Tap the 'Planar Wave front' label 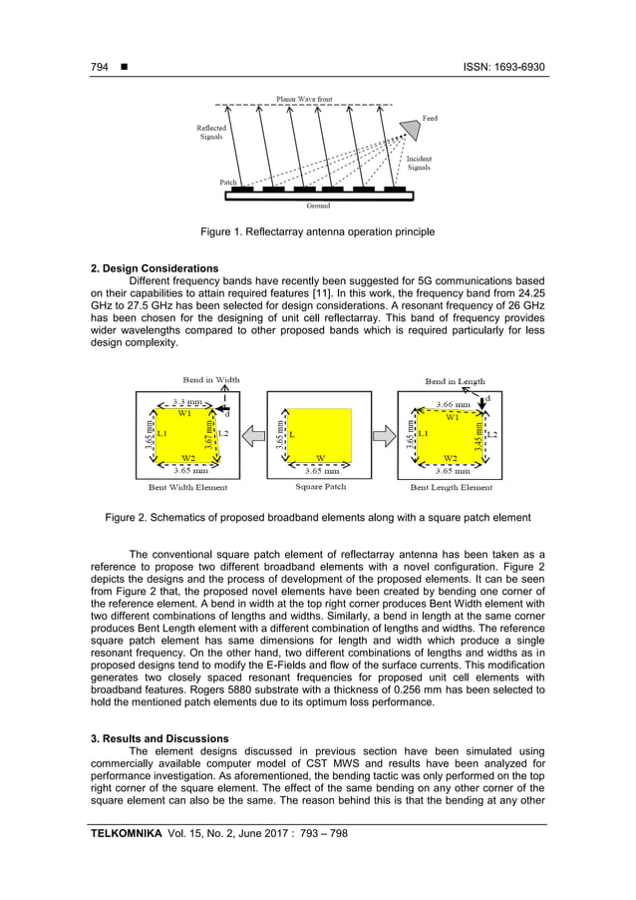[305, 99]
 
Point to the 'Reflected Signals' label [210, 132]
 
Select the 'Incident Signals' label [419, 164]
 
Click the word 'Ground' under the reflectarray [320, 206]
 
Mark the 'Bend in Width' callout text [210, 380]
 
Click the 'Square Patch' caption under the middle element [320, 487]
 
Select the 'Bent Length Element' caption [452, 487]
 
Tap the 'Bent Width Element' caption [187, 487]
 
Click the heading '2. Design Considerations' [155, 268]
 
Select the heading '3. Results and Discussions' [159, 738]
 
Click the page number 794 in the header [100, 68]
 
